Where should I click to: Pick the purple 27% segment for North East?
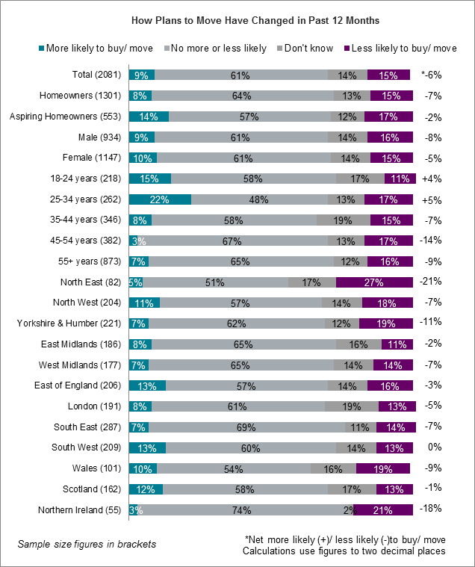tap(374, 282)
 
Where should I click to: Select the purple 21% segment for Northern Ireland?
tap(383, 510)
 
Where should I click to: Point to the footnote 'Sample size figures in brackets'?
tap(87, 544)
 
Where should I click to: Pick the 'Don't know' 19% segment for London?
tap(351, 406)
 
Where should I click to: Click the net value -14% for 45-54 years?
tap(432, 241)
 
